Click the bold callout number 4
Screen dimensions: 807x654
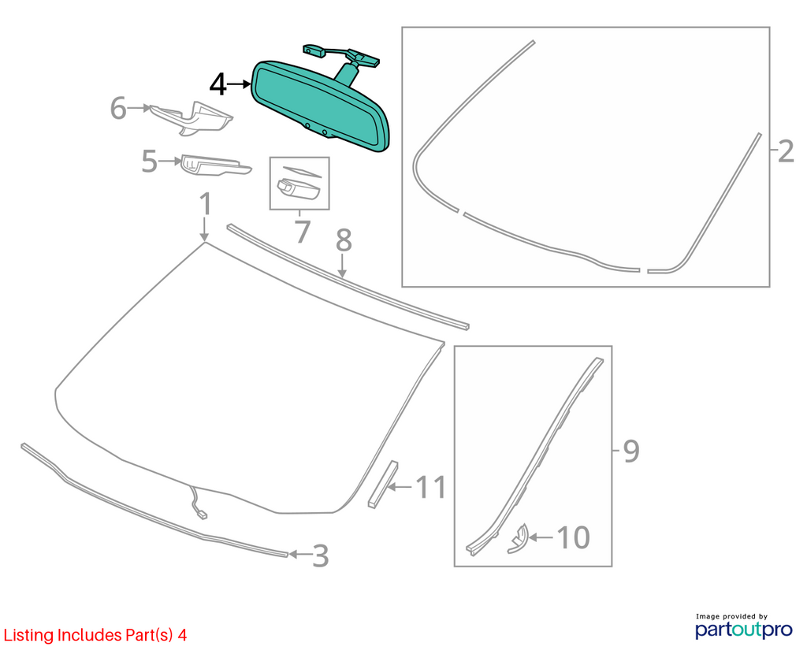[218, 85]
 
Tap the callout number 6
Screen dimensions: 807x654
[118, 109]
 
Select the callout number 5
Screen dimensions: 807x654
[149, 162]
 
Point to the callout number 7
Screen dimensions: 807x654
[303, 232]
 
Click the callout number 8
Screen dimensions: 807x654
[344, 240]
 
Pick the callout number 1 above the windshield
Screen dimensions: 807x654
[206, 204]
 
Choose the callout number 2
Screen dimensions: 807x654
[786, 152]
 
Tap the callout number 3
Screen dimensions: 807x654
[321, 556]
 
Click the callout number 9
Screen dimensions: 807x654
[631, 451]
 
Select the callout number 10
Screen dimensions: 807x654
[574, 537]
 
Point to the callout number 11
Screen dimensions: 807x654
[430, 487]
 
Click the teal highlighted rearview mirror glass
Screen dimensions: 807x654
[320, 106]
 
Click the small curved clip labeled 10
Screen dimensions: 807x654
[518, 539]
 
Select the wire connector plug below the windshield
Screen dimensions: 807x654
[202, 514]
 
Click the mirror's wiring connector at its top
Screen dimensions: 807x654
[313, 50]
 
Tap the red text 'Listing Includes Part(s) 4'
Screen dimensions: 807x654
[95, 635]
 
